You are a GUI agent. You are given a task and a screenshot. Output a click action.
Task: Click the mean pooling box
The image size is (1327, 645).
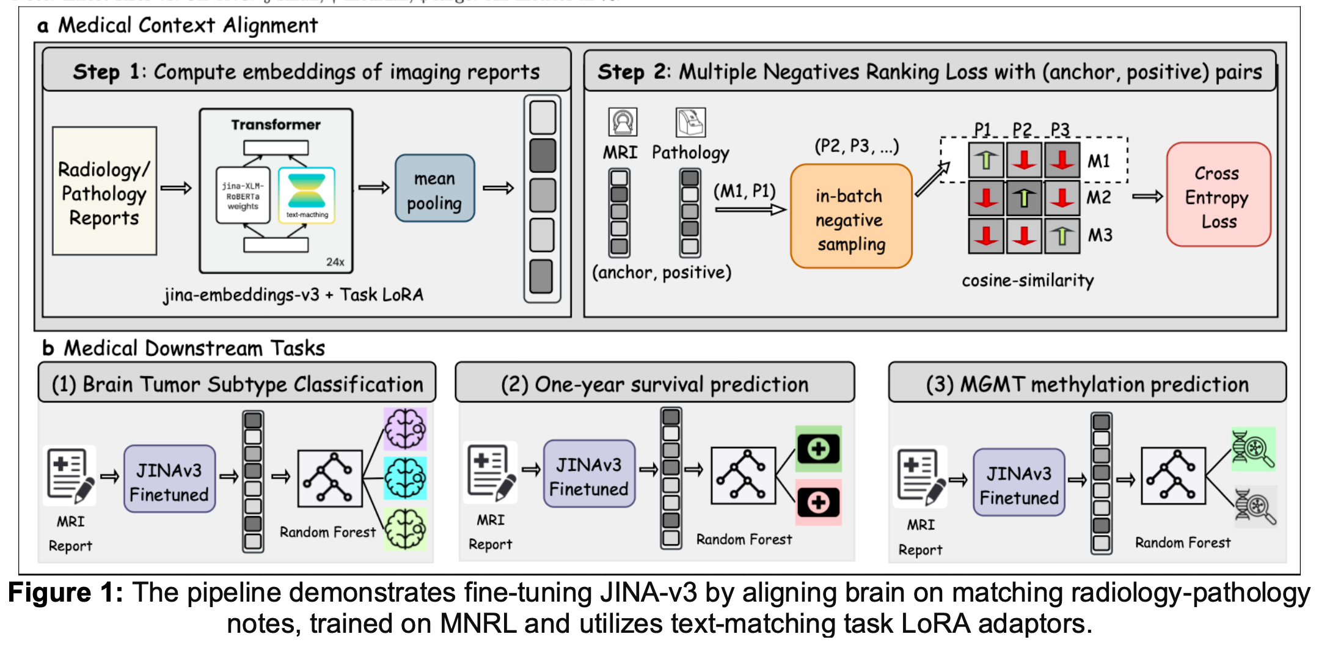tap(434, 188)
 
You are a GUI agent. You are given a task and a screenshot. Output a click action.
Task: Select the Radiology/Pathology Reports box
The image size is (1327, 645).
tap(104, 191)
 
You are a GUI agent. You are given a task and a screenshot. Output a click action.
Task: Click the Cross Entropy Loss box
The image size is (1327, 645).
tap(1218, 195)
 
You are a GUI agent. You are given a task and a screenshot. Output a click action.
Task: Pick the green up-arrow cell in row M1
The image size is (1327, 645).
tap(985, 160)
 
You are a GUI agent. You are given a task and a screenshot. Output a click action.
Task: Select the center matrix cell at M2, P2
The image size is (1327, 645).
tap(1024, 198)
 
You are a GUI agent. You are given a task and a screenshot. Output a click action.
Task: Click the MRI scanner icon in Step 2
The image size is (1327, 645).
tap(623, 122)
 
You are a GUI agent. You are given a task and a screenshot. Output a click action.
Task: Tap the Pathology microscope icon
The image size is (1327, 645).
tap(690, 122)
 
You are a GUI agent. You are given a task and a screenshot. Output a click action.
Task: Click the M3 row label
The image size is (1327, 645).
tap(1100, 235)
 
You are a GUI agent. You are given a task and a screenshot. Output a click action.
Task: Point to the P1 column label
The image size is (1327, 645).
tap(982, 129)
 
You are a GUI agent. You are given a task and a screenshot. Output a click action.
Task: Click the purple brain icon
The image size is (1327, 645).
tap(405, 429)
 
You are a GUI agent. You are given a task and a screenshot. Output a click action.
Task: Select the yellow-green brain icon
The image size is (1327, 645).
tap(405, 529)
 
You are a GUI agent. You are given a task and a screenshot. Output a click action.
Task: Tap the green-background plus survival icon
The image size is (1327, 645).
tap(818, 449)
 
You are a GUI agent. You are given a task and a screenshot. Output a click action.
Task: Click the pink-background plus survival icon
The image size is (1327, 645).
tap(818, 503)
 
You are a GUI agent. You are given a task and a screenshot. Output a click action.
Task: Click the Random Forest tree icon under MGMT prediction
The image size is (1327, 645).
tap(1173, 476)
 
